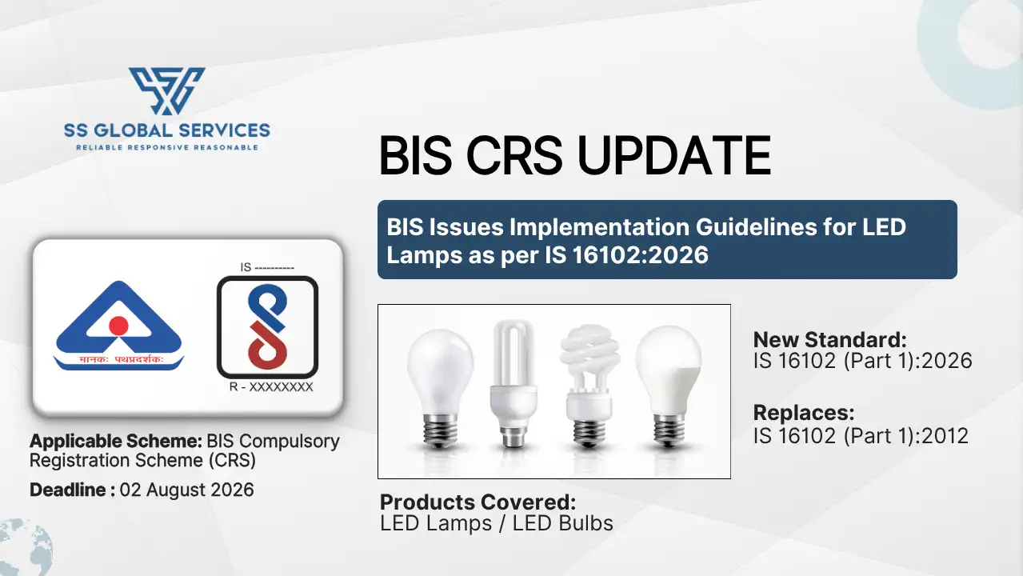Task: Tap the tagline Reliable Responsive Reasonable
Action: [167, 147]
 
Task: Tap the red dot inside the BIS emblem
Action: [118, 325]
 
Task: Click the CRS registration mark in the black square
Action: [267, 327]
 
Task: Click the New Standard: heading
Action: [830, 338]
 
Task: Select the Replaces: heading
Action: [804, 414]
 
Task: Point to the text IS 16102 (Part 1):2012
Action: [861, 435]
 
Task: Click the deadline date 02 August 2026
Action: [186, 490]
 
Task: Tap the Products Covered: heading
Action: [478, 502]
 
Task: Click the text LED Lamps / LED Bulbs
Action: [496, 524]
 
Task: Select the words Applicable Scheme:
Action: [115, 441]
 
